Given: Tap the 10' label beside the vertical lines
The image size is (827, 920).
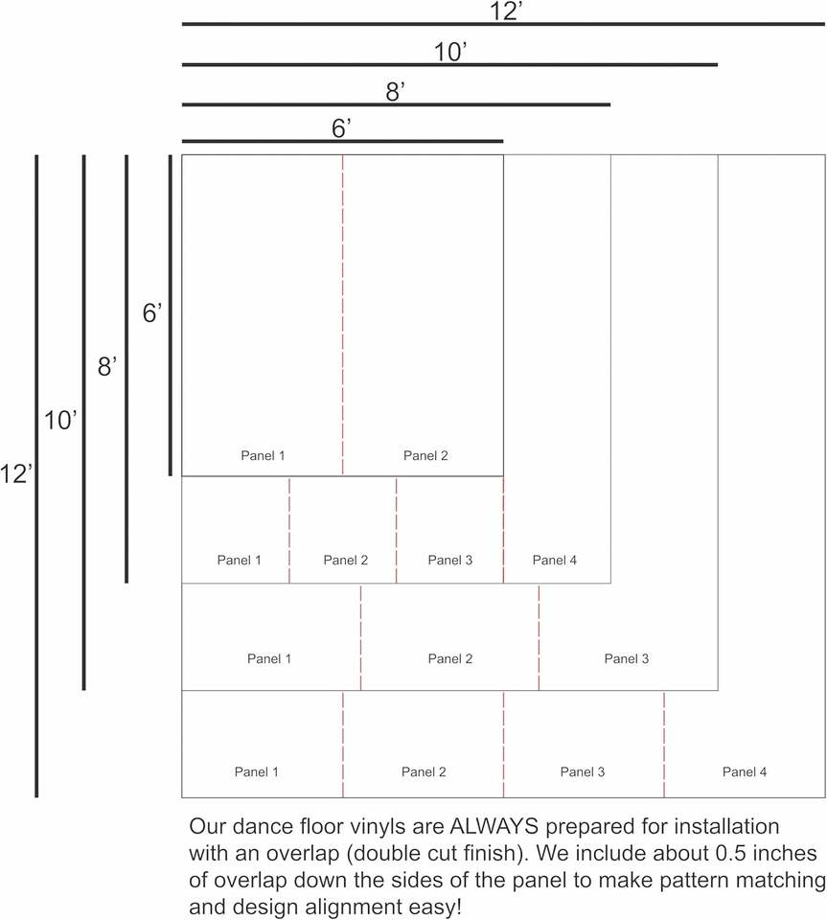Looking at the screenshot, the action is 60,420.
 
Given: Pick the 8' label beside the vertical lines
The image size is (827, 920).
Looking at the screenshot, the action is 106,366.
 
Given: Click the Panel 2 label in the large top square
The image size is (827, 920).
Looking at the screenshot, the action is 425,456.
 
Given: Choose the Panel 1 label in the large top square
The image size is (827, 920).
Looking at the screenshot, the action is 263,456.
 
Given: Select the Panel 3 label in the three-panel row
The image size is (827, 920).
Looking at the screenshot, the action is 627,658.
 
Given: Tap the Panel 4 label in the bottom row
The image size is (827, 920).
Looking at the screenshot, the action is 745,771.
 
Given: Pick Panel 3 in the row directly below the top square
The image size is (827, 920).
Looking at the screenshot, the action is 450,560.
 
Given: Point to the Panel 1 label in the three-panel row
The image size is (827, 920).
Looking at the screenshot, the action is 269,658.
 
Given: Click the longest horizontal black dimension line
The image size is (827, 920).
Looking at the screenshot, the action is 503,24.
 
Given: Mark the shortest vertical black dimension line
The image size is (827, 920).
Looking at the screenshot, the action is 171,314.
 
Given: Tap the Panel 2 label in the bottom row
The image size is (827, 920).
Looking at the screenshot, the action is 424,771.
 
